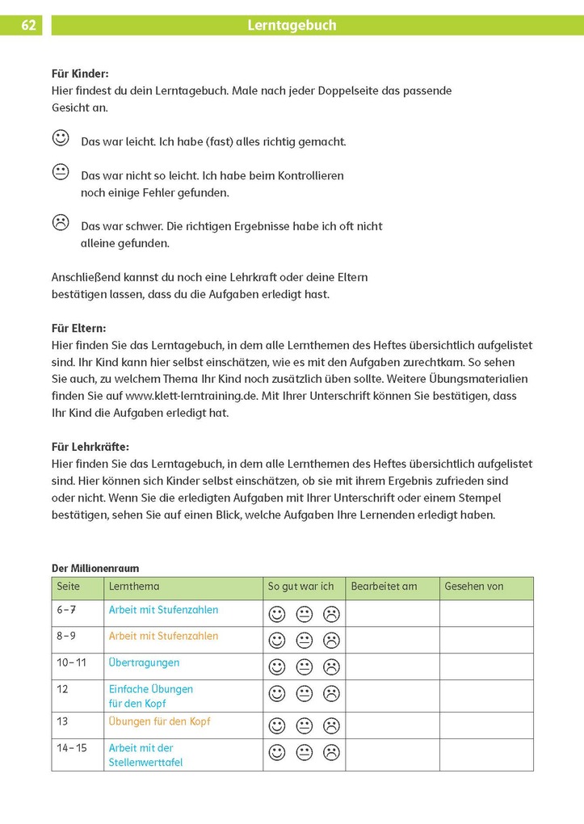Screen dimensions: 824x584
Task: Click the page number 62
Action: [28, 25]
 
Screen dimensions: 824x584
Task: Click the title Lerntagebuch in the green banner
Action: [292, 25]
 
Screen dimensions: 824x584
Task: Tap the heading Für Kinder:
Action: [80, 74]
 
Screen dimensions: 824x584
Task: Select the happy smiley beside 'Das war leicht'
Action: [61, 138]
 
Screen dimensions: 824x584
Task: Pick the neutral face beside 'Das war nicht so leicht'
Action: [61, 172]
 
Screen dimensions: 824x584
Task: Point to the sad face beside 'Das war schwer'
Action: [61, 222]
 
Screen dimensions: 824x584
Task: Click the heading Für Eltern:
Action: [78, 328]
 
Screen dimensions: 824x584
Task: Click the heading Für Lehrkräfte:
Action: [90, 447]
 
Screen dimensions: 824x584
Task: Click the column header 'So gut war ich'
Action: [300, 586]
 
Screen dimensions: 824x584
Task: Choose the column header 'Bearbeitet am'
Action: [384, 586]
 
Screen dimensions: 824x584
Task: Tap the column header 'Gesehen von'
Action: [473, 586]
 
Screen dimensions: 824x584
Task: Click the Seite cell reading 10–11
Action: [72, 662]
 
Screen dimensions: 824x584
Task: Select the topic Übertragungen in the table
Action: [144, 662]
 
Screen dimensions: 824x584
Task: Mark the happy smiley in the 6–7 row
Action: [277, 614]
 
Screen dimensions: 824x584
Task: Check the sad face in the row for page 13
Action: [331, 725]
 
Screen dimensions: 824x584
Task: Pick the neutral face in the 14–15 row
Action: [305, 753]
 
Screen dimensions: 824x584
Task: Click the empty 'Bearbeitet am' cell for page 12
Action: [392, 696]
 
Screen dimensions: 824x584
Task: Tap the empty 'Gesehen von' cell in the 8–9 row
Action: [486, 640]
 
